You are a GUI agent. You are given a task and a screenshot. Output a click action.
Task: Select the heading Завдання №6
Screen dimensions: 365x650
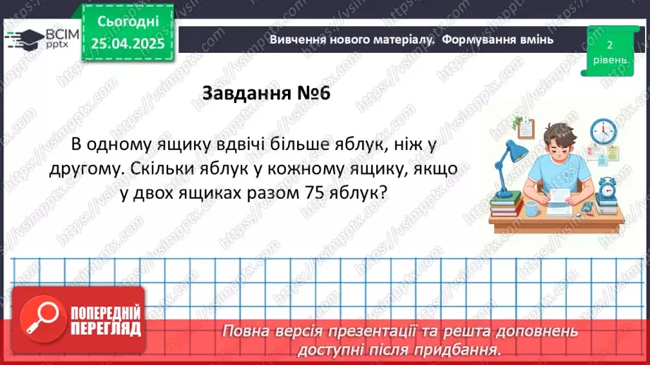tap(266, 94)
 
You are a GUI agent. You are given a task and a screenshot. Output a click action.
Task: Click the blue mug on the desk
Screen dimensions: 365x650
tap(532, 208)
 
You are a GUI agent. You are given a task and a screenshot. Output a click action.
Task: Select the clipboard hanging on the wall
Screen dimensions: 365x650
tap(526, 128)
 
